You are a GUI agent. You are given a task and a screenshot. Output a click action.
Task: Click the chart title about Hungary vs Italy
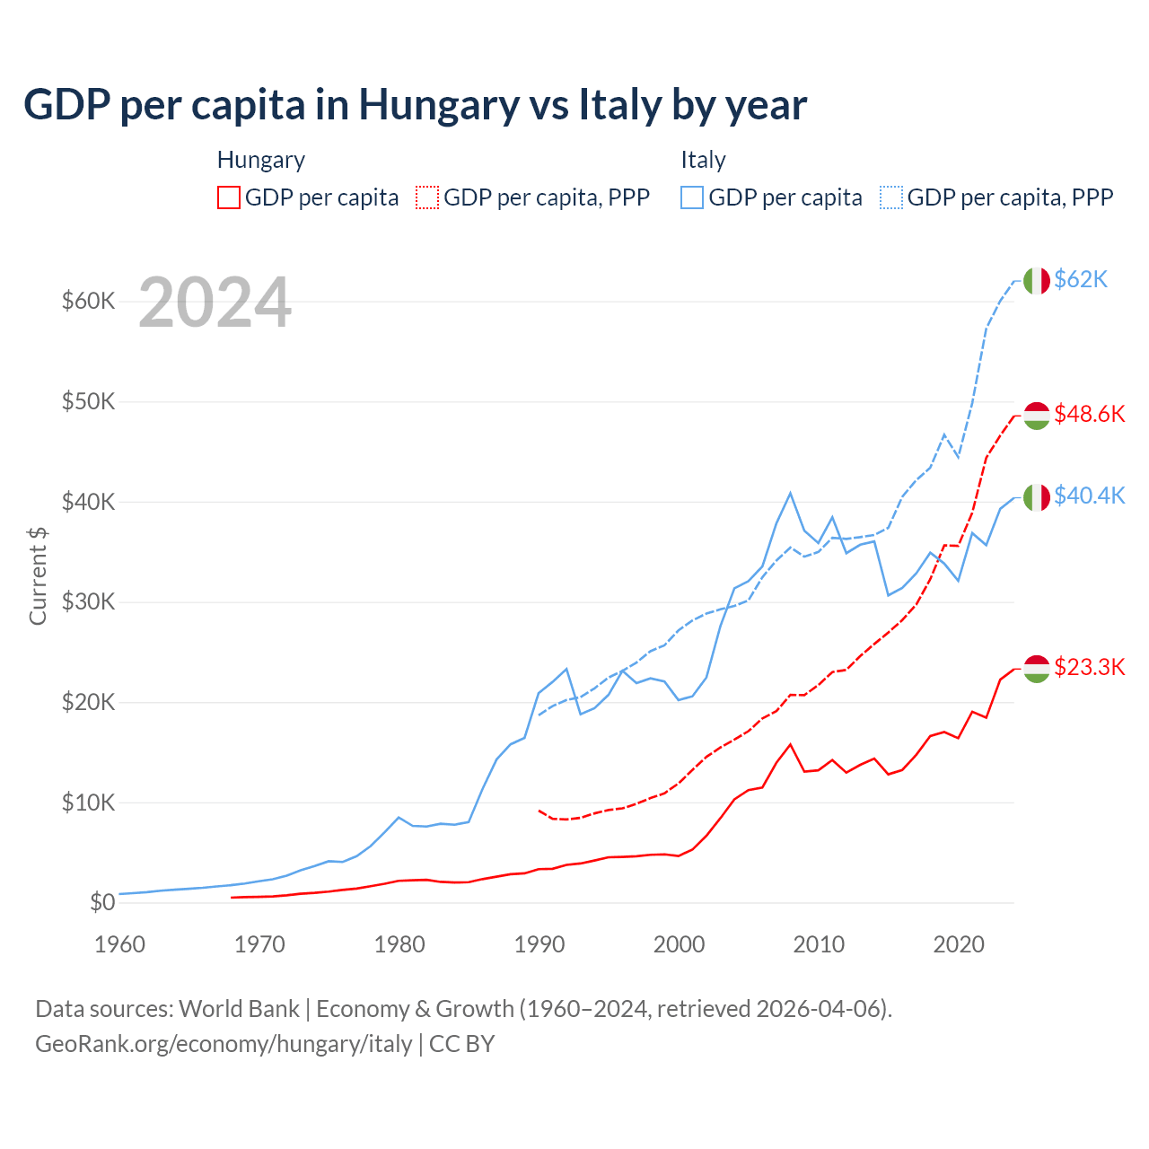[x=415, y=104]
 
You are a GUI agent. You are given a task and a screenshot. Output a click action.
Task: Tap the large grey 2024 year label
[x=215, y=303]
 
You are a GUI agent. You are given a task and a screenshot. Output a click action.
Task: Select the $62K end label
[x=1081, y=279]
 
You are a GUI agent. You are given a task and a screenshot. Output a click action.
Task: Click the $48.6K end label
[x=1089, y=414]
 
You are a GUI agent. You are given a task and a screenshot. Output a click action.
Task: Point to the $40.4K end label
[x=1089, y=496]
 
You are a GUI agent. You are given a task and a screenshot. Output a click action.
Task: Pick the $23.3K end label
[x=1089, y=667]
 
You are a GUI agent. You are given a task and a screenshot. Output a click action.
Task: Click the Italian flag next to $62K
[x=1037, y=281]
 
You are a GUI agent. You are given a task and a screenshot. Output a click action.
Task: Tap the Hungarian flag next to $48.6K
[x=1037, y=416]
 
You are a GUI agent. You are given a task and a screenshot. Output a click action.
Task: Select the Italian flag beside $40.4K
[x=1037, y=496]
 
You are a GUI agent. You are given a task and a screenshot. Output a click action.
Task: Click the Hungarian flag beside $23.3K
[x=1037, y=669]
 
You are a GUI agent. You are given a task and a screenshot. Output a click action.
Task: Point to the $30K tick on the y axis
[x=88, y=601]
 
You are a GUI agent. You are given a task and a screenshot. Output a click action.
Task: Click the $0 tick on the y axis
[x=102, y=902]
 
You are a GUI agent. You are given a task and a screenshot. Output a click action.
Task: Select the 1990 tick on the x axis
[x=539, y=944]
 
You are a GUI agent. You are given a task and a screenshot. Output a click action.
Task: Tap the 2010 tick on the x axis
[x=819, y=944]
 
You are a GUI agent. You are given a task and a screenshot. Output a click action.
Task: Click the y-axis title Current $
[x=38, y=575]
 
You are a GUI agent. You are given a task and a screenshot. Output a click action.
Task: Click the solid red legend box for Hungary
[x=229, y=197]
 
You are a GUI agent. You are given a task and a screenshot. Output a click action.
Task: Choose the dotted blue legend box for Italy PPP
[x=891, y=197]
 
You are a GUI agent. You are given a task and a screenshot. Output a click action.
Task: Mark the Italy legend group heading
[x=703, y=160]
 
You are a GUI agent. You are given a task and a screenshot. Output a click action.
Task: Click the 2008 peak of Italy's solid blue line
[x=790, y=493]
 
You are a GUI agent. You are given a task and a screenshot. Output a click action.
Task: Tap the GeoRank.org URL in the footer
[x=224, y=1044]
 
